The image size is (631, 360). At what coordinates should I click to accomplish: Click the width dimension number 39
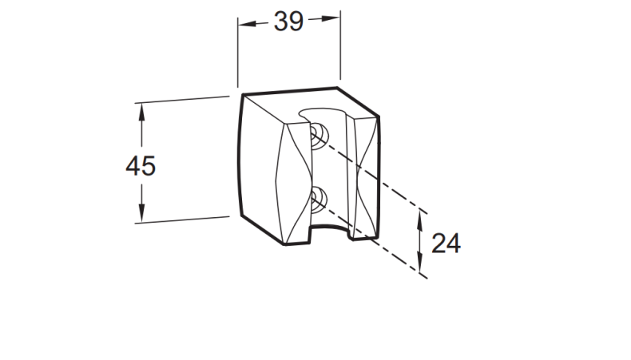click(288, 22)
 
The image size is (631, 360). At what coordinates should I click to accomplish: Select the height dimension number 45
click(141, 165)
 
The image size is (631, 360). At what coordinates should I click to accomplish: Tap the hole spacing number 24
click(446, 243)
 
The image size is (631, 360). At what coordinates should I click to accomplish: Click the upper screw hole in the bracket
click(318, 133)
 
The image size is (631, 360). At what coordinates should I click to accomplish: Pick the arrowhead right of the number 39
click(332, 18)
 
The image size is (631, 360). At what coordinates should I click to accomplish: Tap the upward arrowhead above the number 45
click(142, 111)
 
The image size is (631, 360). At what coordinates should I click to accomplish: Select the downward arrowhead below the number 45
click(142, 215)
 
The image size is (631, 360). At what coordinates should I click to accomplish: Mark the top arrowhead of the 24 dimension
click(421, 220)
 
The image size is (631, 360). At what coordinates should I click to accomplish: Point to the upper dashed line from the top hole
click(375, 176)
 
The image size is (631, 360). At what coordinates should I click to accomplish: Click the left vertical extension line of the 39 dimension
click(238, 52)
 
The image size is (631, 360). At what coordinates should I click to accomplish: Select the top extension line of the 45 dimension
click(184, 100)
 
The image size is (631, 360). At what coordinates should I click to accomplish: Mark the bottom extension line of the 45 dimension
click(184, 220)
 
